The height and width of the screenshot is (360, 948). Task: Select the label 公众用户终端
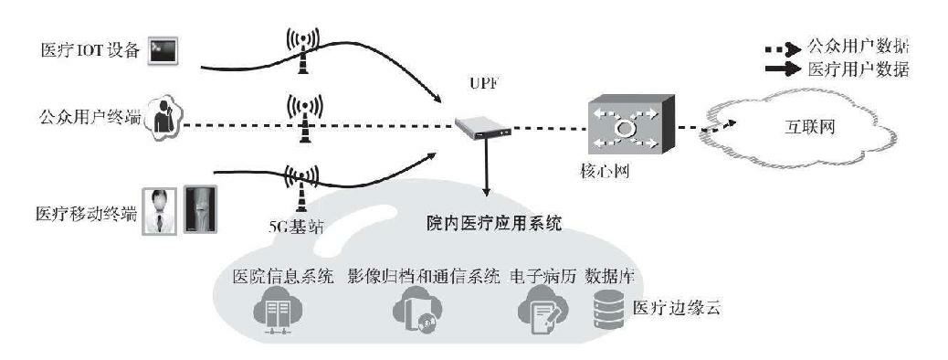pos(90,116)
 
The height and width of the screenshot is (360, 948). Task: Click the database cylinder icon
pos(606,312)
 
